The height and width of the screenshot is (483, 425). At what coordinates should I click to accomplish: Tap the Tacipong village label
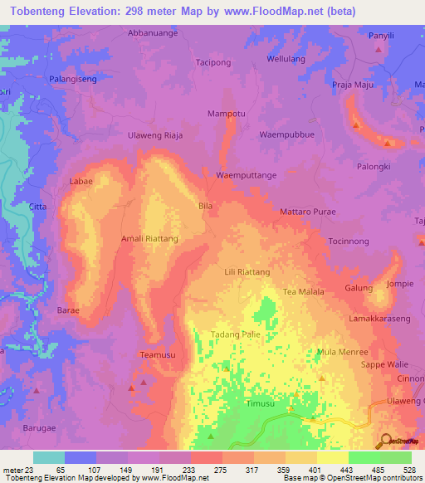point(236,62)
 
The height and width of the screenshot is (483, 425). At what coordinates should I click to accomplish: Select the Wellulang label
point(286,59)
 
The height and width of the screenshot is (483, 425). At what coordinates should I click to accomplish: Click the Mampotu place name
point(226,113)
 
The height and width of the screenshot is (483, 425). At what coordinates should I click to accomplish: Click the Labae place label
point(81,180)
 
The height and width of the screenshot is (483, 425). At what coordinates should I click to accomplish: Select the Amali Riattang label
point(150,238)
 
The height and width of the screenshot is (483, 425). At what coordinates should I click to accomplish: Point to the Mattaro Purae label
point(307,212)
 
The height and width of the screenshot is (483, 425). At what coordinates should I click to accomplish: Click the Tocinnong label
point(349,241)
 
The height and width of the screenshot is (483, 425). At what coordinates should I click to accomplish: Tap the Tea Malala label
point(304,292)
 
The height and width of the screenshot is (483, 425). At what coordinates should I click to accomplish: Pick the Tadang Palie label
point(237,334)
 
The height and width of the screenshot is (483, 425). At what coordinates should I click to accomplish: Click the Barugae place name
point(39,430)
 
